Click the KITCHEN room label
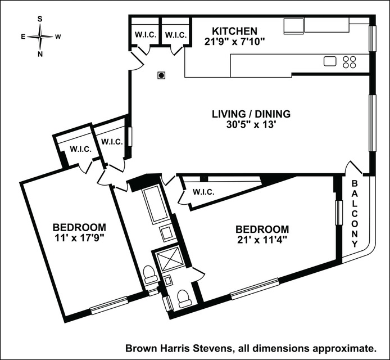click(x=234, y=31)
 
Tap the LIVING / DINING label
click(x=251, y=114)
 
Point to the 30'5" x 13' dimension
click(x=251, y=125)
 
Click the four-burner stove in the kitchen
click(x=349, y=61)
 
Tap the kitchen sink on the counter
click(x=330, y=61)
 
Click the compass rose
click(x=40, y=37)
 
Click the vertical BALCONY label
click(x=355, y=214)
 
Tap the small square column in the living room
click(x=161, y=75)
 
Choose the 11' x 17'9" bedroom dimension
click(x=79, y=238)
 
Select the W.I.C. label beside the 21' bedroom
click(x=203, y=192)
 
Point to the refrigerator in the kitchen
click(x=293, y=26)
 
